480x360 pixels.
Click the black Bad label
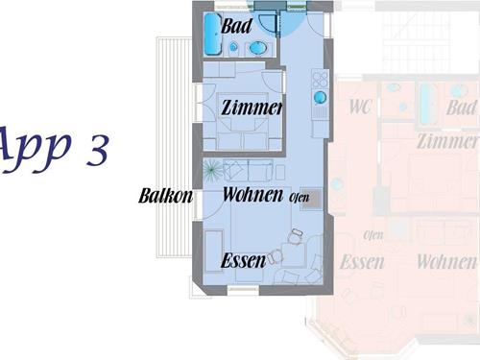tap(236, 26)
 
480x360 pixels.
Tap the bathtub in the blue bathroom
tap(212, 35)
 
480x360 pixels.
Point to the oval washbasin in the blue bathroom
tap(258, 49)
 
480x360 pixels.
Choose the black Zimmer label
tap(252, 108)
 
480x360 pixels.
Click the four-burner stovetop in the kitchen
tap(320, 79)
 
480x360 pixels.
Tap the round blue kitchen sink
tap(320, 98)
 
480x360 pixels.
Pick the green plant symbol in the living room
tap(212, 170)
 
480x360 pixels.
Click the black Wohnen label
tap(252, 194)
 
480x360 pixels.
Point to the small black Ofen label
tap(300, 197)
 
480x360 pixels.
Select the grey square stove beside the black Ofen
tap(311, 199)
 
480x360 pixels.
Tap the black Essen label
tap(243, 261)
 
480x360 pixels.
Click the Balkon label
tap(166, 196)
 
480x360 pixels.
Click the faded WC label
tap(360, 107)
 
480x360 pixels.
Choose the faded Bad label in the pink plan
tap(462, 108)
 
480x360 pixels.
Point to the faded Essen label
tap(362, 262)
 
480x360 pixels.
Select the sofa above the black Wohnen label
tap(249, 171)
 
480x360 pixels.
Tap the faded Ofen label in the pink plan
tap(373, 235)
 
